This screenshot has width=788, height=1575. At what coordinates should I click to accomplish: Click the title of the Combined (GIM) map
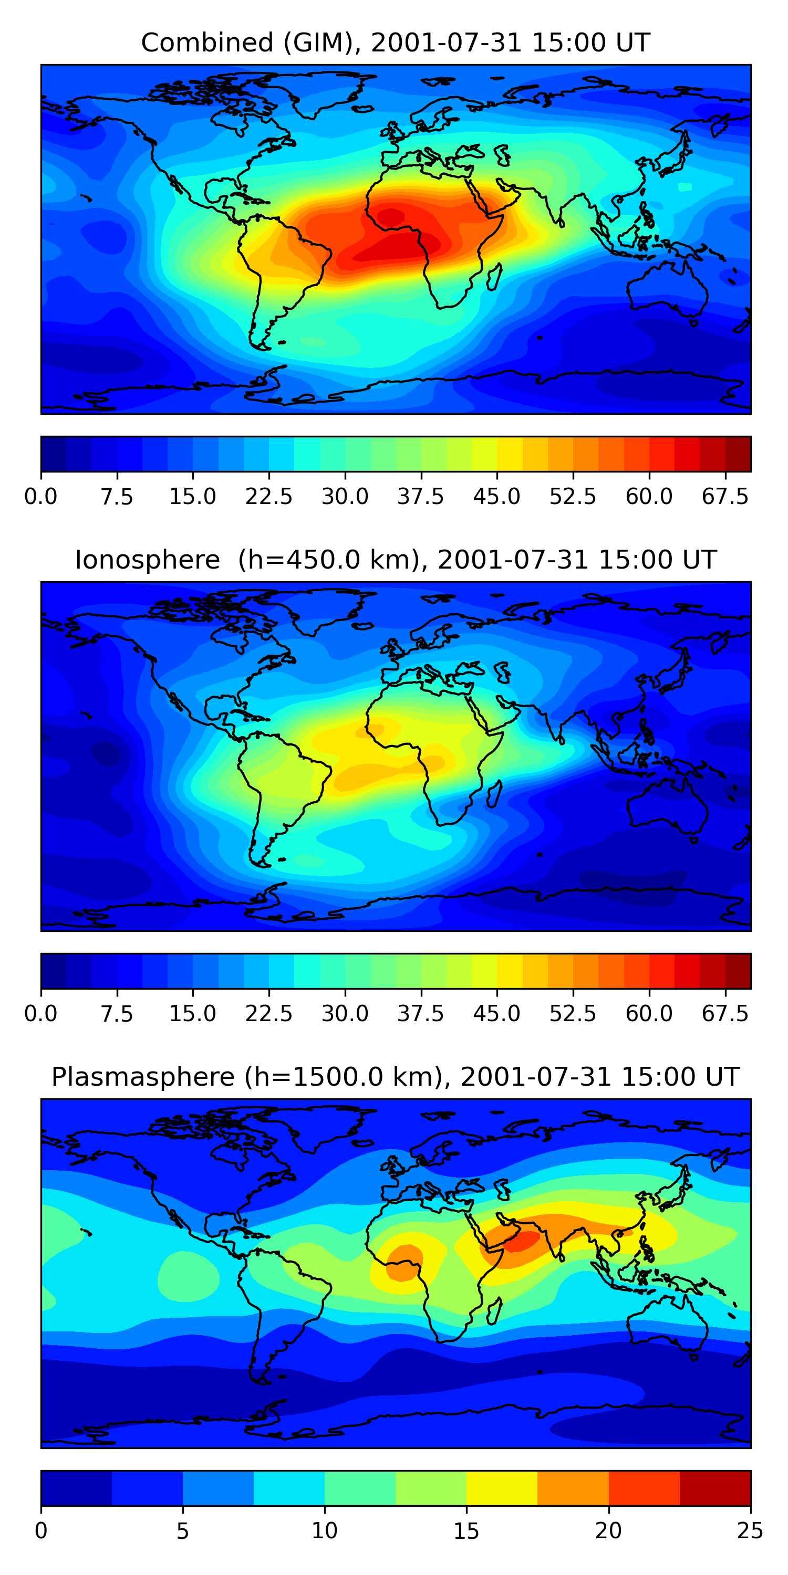click(x=395, y=43)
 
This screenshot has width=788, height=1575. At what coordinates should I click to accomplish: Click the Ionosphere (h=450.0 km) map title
click(x=395, y=560)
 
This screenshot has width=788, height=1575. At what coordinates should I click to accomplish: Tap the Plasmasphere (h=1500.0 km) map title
click(x=395, y=1077)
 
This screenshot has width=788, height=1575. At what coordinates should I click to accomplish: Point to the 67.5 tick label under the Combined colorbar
click(x=725, y=497)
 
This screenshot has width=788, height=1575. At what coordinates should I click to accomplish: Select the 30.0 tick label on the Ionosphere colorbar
click(x=345, y=1014)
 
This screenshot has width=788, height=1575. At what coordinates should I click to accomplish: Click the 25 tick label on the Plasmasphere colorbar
click(x=750, y=1530)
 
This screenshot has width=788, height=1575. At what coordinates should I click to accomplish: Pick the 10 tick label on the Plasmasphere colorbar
click(x=324, y=1530)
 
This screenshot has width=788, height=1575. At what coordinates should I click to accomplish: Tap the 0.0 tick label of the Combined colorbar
click(x=41, y=497)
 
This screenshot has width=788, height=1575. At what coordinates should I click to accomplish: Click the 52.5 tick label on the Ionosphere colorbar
click(x=573, y=1014)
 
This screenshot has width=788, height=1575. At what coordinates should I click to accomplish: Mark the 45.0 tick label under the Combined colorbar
click(x=497, y=497)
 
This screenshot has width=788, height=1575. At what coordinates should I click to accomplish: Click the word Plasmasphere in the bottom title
click(x=142, y=1077)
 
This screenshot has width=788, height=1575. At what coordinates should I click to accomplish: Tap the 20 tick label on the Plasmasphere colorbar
click(x=608, y=1530)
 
